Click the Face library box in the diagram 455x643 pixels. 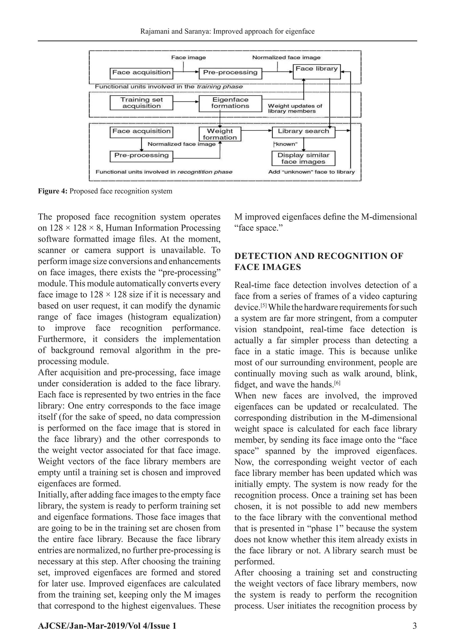(x=316, y=72)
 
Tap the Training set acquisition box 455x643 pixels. (x=141, y=103)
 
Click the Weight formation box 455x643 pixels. (x=220, y=134)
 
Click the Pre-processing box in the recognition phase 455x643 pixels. (x=141, y=156)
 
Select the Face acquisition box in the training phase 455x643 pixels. (x=141, y=73)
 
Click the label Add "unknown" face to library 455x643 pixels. (x=311, y=172)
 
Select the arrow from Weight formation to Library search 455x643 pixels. (x=256, y=131)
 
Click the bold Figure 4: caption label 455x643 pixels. (x=53, y=191)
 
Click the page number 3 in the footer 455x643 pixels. (x=414, y=626)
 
